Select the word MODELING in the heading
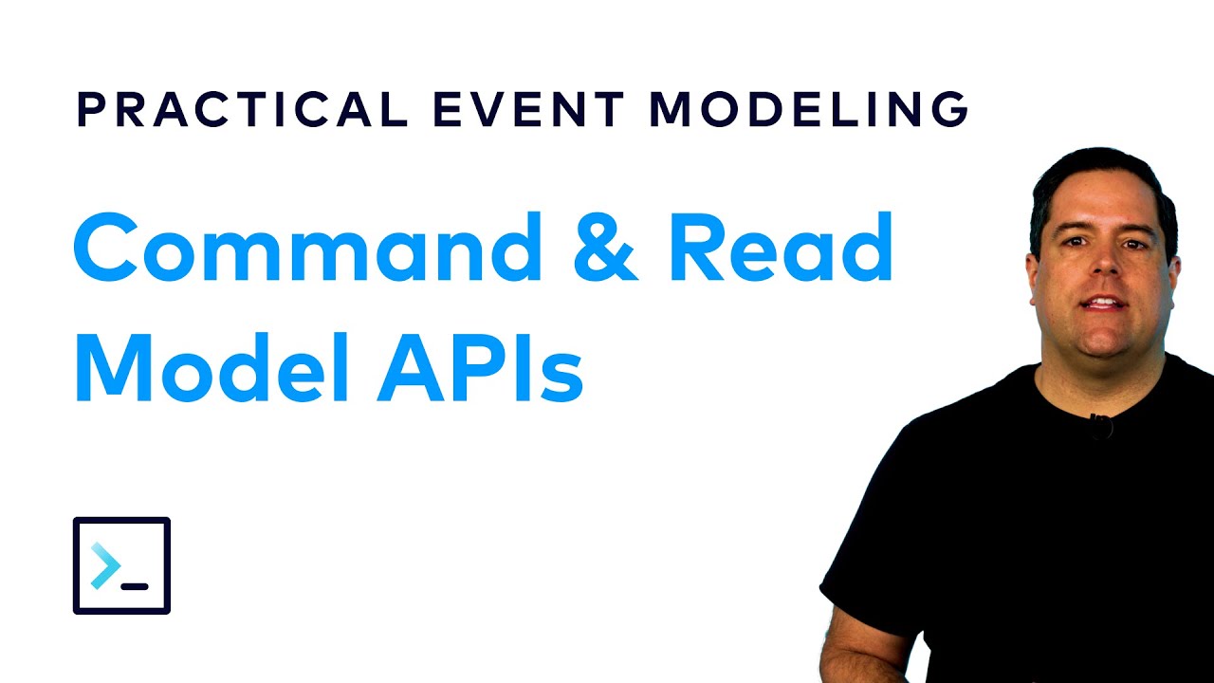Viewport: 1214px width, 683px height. coord(809,110)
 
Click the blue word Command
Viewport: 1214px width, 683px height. coord(307,249)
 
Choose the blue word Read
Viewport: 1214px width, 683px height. coord(781,249)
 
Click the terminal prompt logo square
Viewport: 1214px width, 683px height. coord(121,565)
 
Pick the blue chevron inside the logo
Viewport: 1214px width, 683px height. coord(105,567)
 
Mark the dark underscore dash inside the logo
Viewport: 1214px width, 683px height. coord(135,586)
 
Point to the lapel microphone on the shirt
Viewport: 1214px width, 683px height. coord(1100,425)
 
